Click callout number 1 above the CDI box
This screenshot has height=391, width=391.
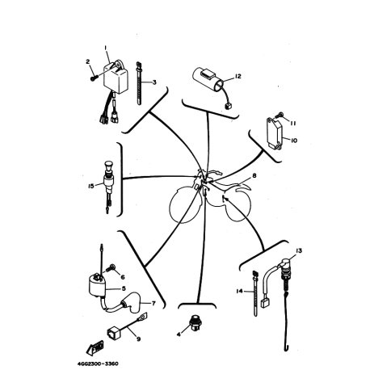[x=106, y=48]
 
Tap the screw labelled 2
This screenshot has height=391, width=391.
[x=93, y=78]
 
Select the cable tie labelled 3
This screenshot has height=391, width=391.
[x=139, y=83]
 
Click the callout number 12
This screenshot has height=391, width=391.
[x=238, y=76]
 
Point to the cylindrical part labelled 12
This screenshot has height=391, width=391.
[x=208, y=79]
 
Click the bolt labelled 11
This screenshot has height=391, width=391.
[x=279, y=116]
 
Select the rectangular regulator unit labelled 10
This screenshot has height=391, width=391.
[x=274, y=133]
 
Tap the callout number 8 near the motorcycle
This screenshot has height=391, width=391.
[x=254, y=176]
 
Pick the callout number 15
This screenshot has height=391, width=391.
[x=91, y=186]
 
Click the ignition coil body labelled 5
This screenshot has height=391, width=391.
[x=97, y=287]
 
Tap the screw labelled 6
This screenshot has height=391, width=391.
[x=111, y=268]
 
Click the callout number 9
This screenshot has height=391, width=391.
[x=138, y=338]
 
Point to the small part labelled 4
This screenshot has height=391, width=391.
[x=195, y=321]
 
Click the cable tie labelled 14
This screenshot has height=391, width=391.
[x=254, y=293]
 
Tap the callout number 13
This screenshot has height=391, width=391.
[x=299, y=250]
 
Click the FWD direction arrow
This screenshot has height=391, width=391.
[x=95, y=348]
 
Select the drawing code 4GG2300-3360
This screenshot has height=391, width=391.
[x=98, y=364]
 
